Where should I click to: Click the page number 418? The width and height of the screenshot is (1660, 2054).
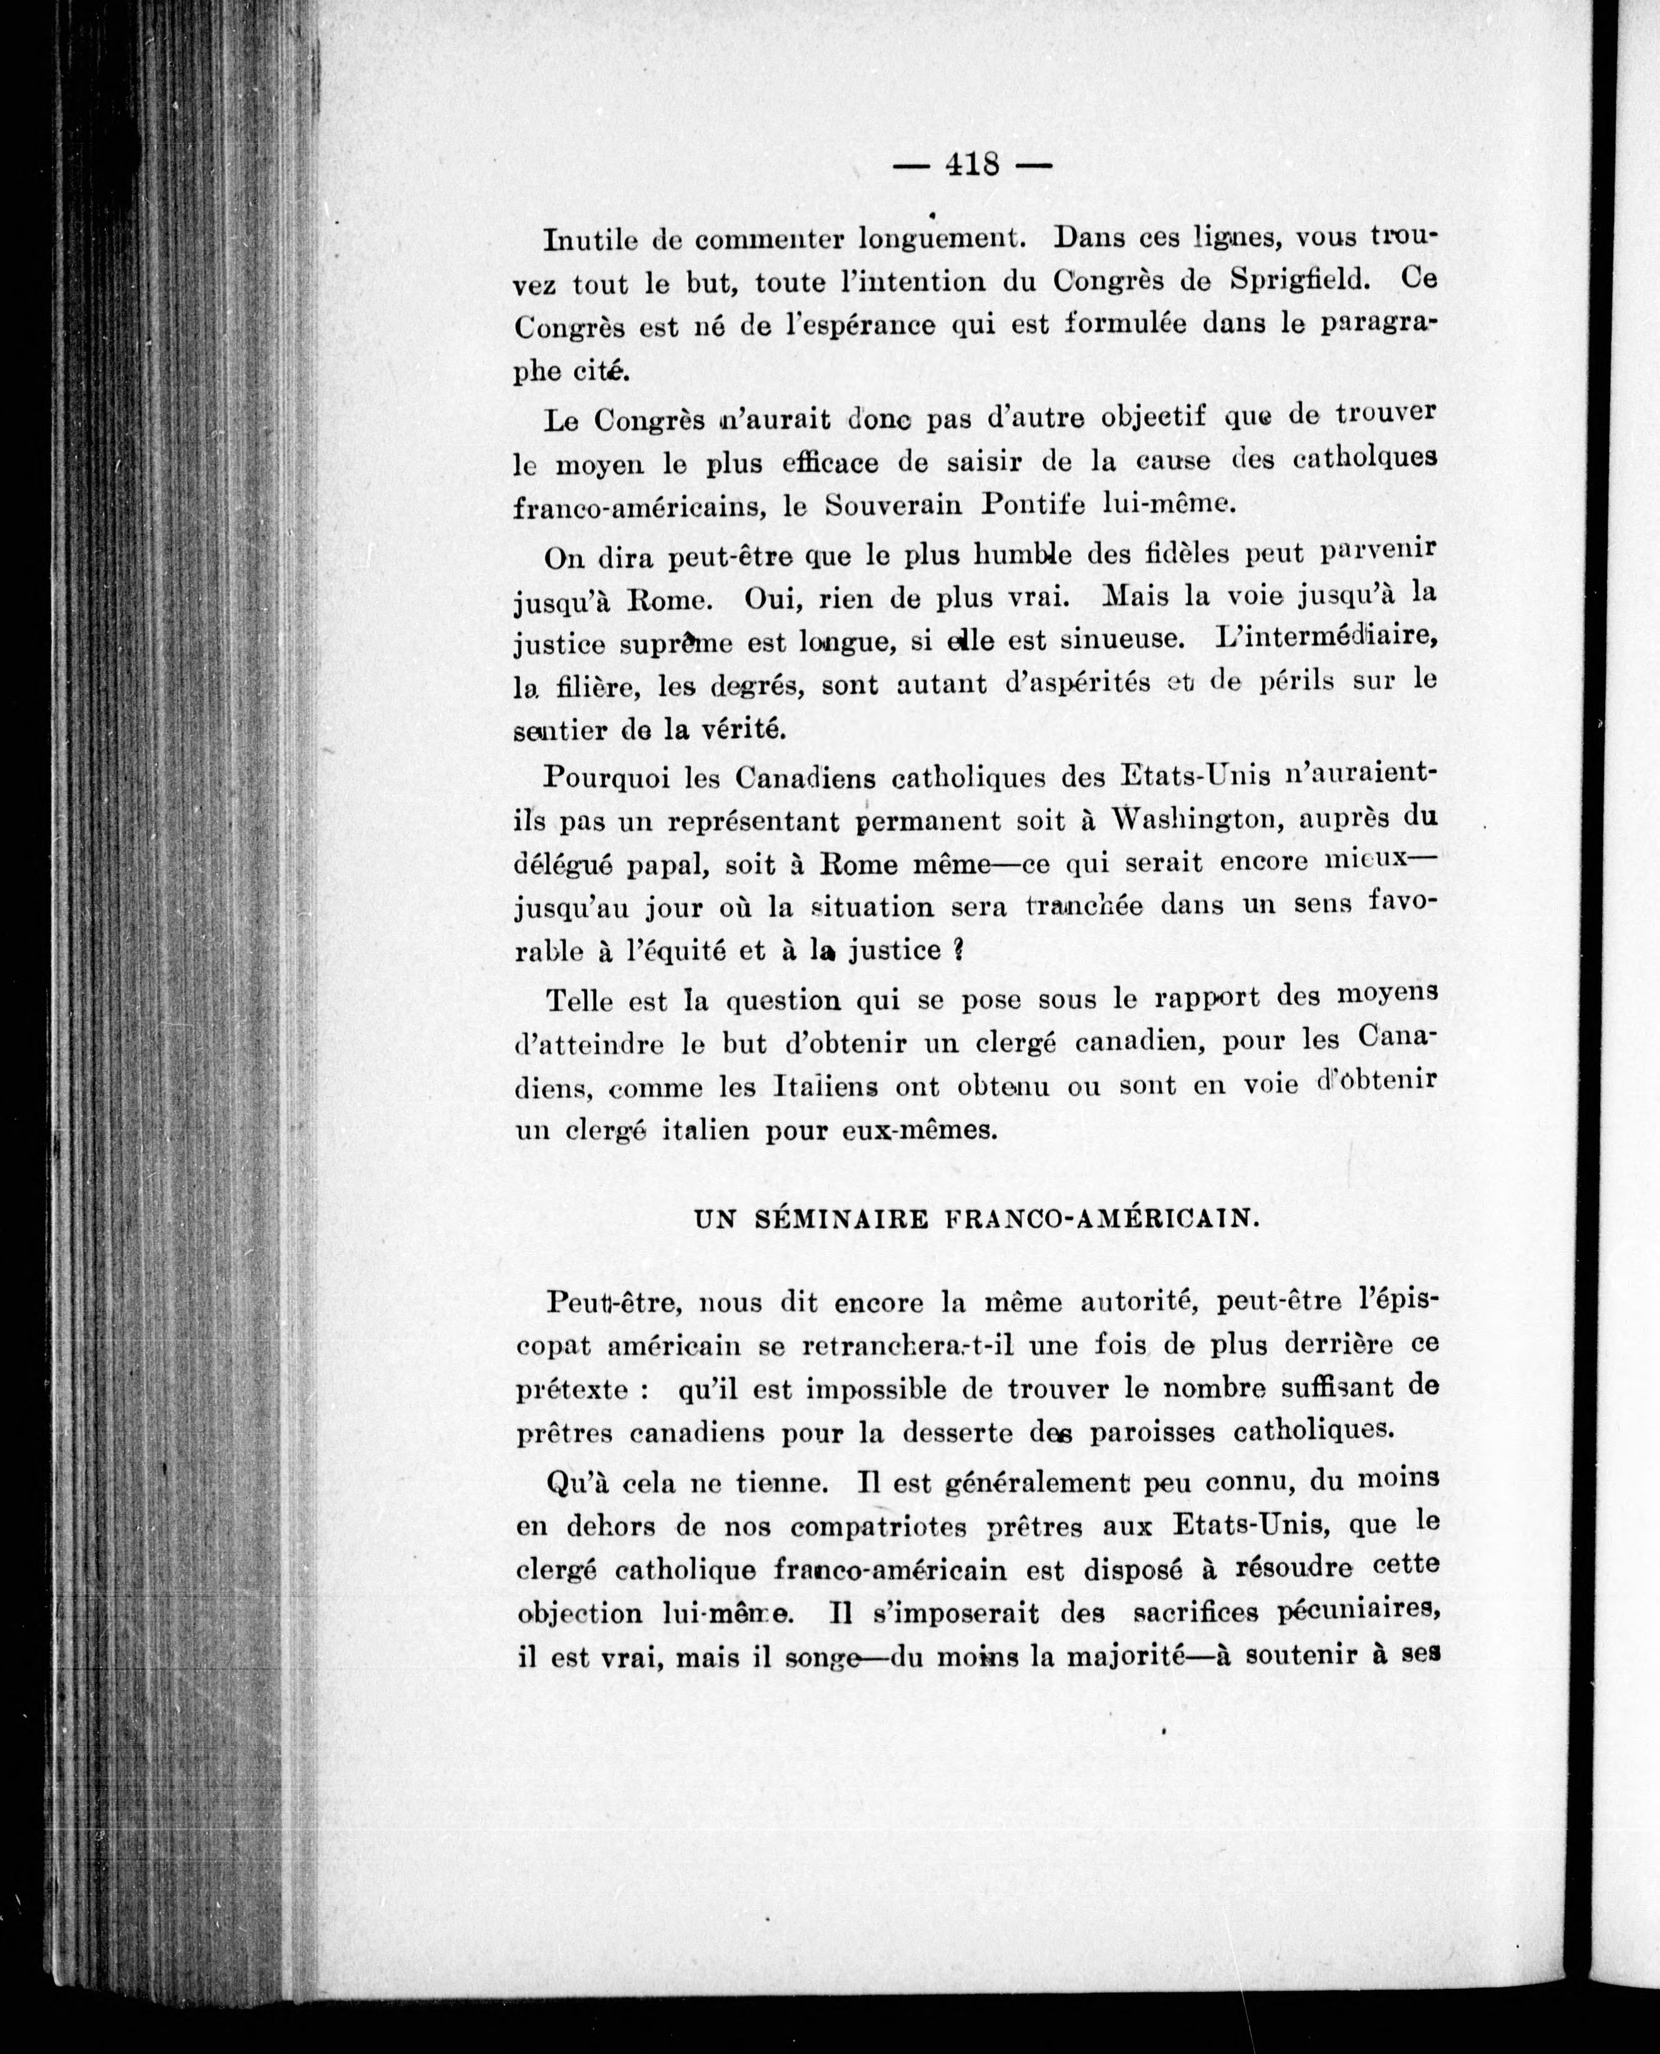click(971, 165)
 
